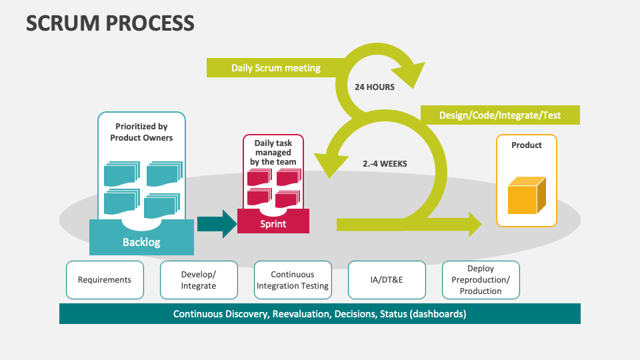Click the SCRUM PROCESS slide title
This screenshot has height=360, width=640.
point(110,23)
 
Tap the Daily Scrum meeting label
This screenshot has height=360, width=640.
point(276,68)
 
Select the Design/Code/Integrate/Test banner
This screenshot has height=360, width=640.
point(499,115)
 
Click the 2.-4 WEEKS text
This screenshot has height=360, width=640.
point(384,163)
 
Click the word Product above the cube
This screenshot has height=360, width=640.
point(526,145)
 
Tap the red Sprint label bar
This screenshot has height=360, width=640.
point(273,224)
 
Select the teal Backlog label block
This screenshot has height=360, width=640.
point(141,241)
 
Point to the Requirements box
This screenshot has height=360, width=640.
point(105,280)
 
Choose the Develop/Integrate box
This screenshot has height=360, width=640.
point(199,280)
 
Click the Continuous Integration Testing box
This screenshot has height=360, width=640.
point(293,280)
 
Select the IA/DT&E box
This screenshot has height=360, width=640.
point(387,280)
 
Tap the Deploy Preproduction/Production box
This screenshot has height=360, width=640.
point(481,280)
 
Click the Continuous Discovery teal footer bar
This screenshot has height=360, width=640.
point(319,313)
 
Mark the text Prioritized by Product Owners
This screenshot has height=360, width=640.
point(141,132)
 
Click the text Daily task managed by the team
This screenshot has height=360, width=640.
point(273,152)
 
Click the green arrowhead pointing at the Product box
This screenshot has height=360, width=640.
point(474,224)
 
